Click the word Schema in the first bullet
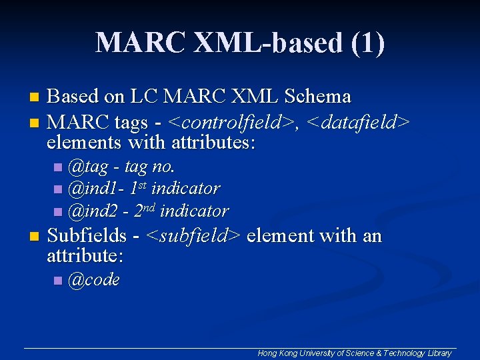point(317,97)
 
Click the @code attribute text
point(94,280)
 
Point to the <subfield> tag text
point(193,235)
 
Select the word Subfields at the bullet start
point(87,235)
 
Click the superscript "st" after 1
point(143,185)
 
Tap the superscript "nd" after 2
point(150,207)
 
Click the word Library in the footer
point(439,353)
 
